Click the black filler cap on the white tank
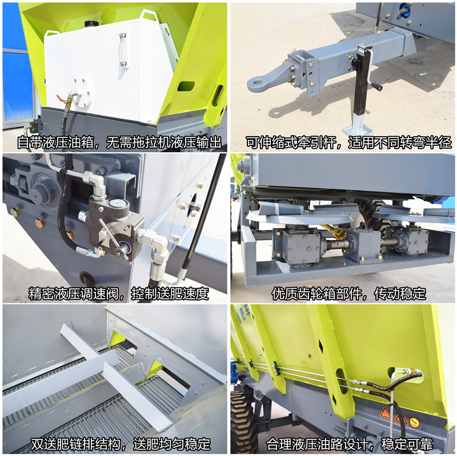(x=89, y=23)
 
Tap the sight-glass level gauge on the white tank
(x=123, y=50)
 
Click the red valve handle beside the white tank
(x=59, y=97)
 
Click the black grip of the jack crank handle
(x=377, y=86)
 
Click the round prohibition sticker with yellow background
(x=414, y=422)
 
